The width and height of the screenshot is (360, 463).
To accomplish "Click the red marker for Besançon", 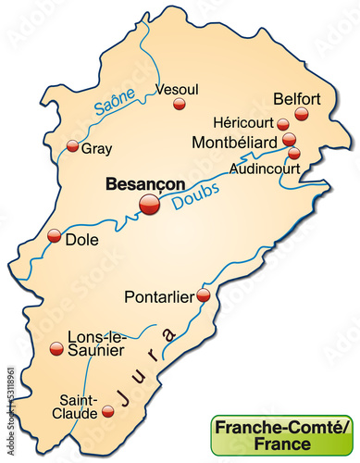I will tap(148, 205).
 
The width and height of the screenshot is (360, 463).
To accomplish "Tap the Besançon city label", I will tap(144, 183).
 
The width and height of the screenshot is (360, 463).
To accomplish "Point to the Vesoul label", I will tap(179, 89).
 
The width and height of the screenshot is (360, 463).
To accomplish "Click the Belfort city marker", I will tap(301, 114).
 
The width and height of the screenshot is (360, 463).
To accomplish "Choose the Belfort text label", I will tap(297, 97).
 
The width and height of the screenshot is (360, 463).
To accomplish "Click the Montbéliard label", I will tap(237, 142).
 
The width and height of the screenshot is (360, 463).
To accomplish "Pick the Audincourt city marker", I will tap(293, 154).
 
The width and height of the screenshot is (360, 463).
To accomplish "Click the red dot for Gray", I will tap(73, 144).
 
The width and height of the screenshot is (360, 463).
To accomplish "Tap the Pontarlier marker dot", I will tap(204, 295).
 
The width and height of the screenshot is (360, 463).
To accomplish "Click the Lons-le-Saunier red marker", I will tap(56, 348).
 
